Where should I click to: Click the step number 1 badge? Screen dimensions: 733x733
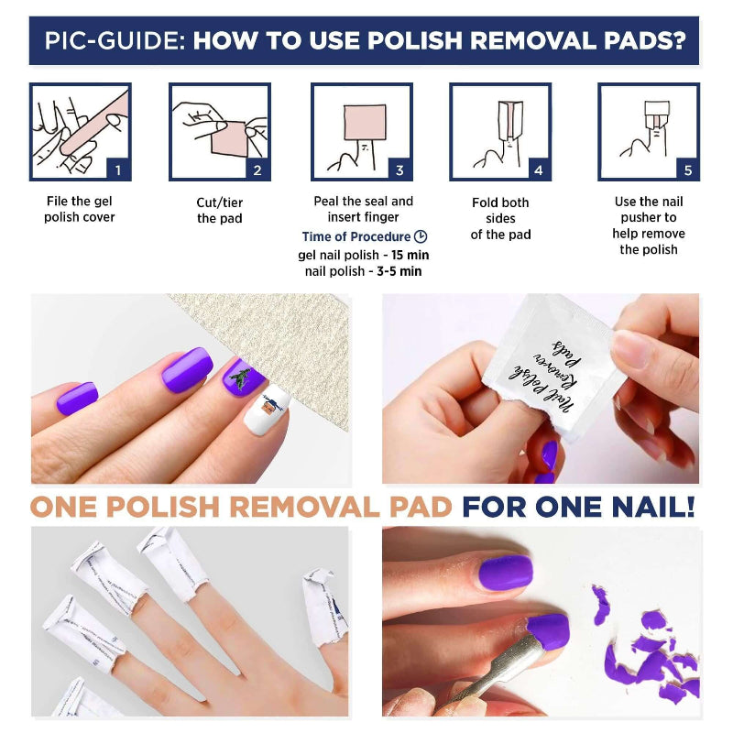[x=117, y=170]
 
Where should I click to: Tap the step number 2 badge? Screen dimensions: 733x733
[x=257, y=170]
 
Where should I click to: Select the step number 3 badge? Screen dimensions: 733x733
[x=399, y=170]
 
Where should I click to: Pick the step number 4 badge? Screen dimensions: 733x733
[x=538, y=170]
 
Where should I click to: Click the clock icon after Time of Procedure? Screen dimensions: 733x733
[x=421, y=236]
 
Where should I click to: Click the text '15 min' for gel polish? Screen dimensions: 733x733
[x=407, y=255]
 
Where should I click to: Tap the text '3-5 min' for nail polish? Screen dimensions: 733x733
[x=401, y=271]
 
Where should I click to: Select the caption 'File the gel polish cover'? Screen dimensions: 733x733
[x=80, y=210]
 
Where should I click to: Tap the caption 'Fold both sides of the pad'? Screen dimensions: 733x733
[x=500, y=218]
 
